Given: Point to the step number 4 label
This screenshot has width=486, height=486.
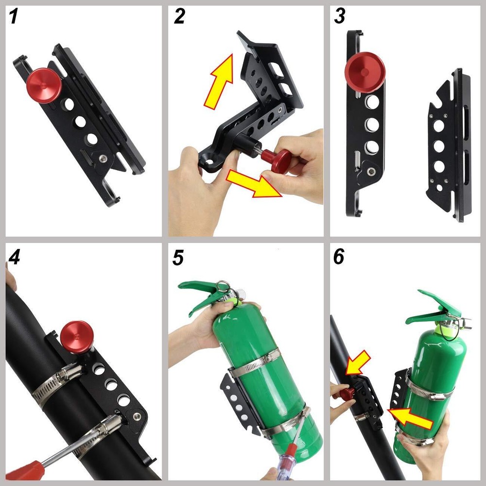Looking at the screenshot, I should point(14,257).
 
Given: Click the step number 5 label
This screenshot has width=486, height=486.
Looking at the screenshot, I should point(178,257).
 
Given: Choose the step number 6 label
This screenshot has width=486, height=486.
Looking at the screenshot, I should point(339,257).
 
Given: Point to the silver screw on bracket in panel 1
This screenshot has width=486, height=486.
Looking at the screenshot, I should point(102,158).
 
